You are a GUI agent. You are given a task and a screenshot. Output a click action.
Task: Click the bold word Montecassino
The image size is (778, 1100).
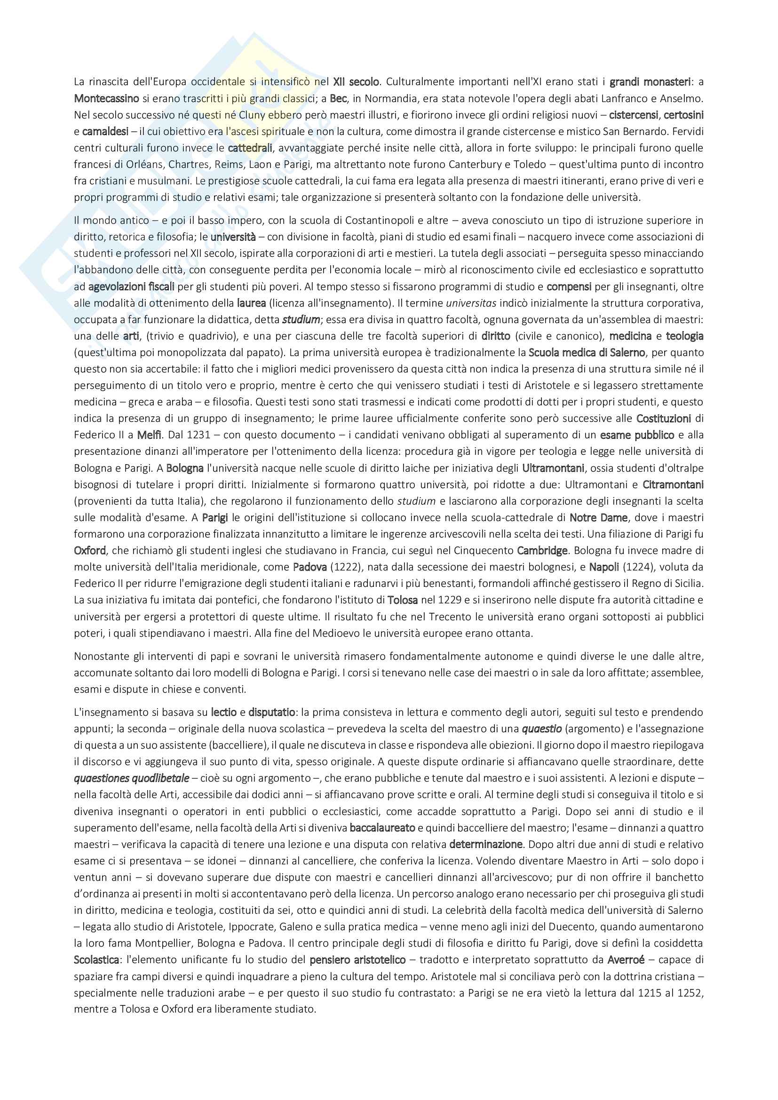pos(106,99)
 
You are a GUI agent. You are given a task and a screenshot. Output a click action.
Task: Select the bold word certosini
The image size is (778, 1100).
pos(683,115)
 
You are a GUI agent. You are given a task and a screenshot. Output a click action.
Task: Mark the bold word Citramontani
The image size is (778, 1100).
pos(673,484)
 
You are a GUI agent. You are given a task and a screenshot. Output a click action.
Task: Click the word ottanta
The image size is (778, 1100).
pos(515,633)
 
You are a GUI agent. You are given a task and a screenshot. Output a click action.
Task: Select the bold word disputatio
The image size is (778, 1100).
pos(271,712)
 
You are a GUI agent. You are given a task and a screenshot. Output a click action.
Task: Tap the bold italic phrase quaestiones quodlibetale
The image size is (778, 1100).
pos(132,778)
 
